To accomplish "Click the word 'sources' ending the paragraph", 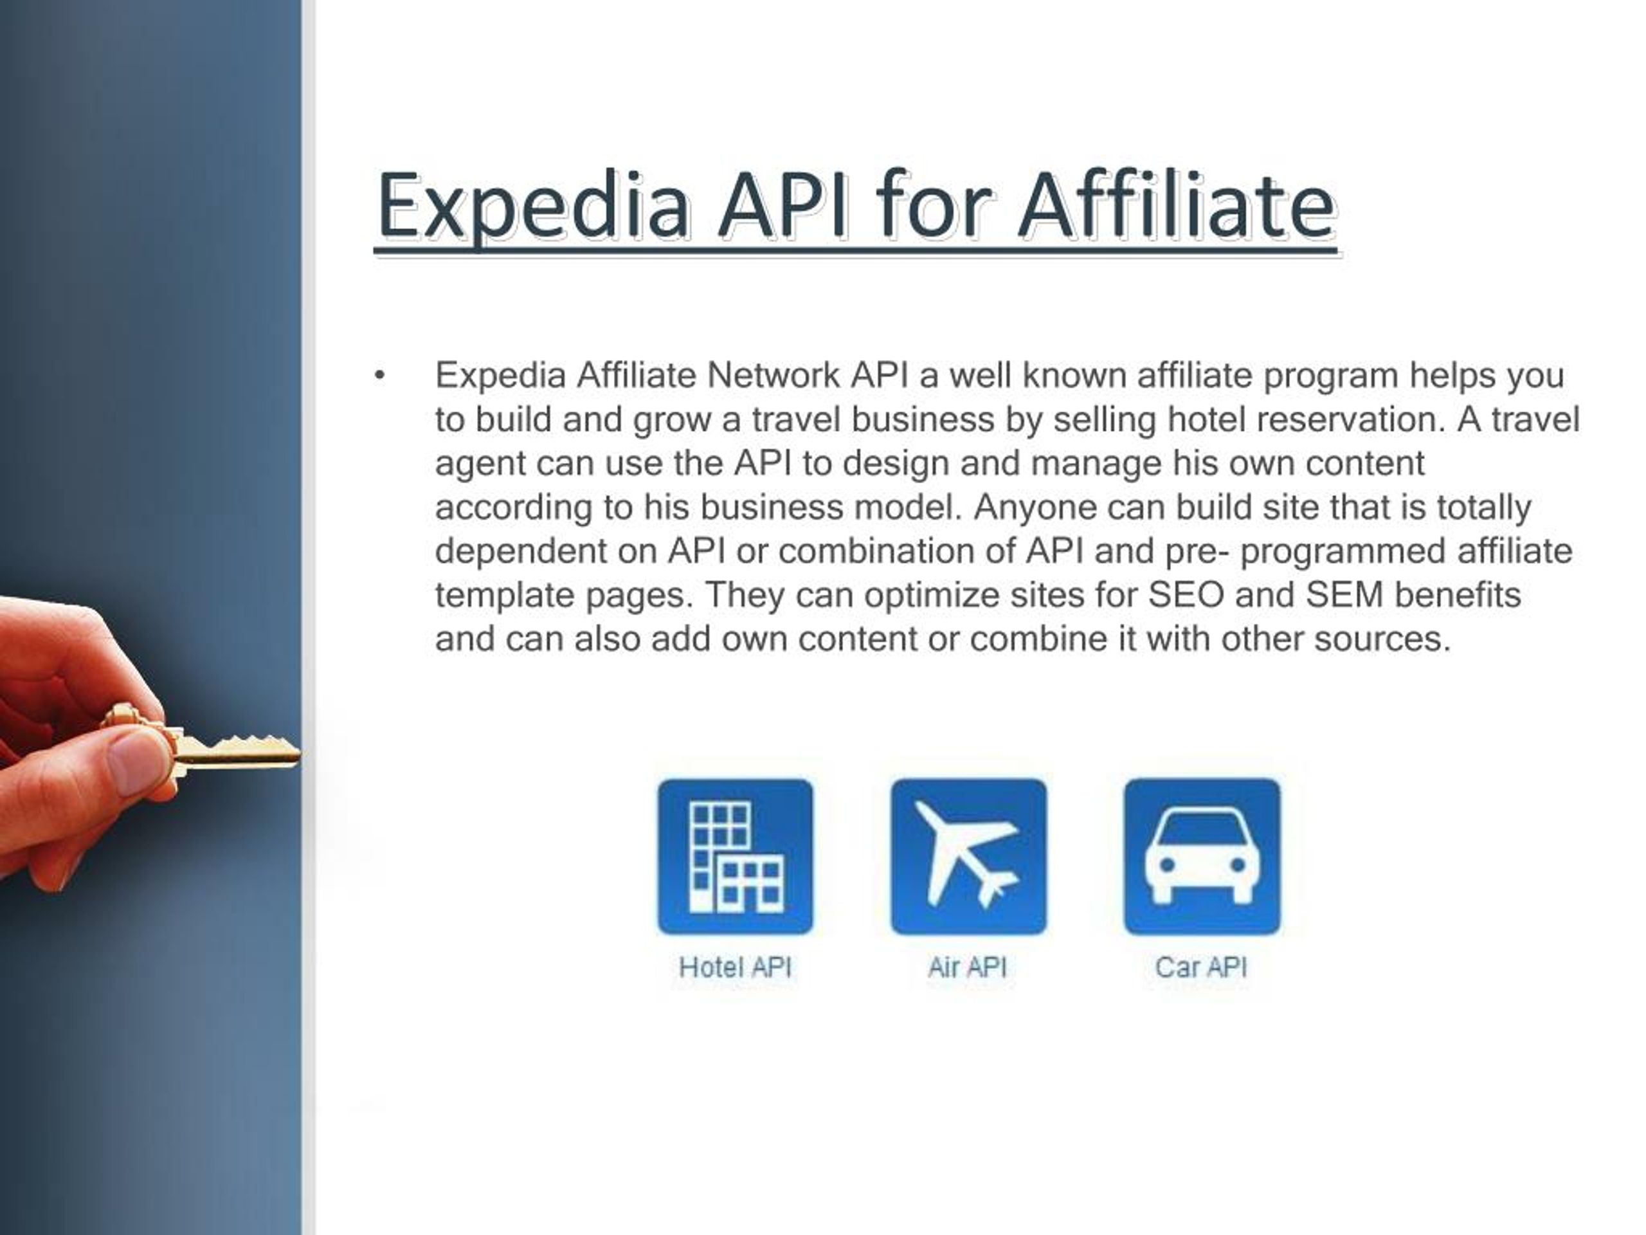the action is pos(1382,639).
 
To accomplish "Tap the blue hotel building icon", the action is pos(735,856).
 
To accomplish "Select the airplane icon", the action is pos(968,856).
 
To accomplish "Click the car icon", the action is pos(1202,856).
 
